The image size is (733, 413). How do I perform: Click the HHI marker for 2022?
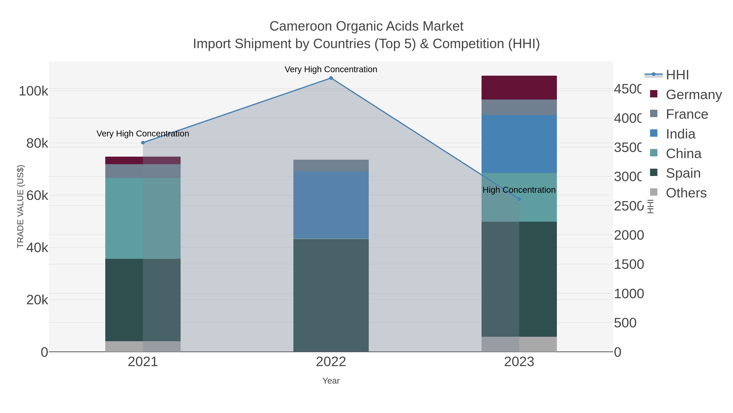pyautogui.click(x=331, y=78)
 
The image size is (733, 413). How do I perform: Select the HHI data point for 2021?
pyautogui.click(x=143, y=143)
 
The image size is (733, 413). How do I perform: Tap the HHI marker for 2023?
pyautogui.click(x=519, y=199)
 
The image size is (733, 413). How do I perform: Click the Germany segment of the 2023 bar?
pyautogui.click(x=519, y=87)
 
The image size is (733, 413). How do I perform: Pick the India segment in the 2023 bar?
pyautogui.click(x=519, y=144)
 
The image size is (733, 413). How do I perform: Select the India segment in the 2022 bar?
pyautogui.click(x=331, y=205)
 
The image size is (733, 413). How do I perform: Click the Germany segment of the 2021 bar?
pyautogui.click(x=143, y=161)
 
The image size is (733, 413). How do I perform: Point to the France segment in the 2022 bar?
pyautogui.click(x=331, y=165)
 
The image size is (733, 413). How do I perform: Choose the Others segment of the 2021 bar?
pyautogui.click(x=143, y=346)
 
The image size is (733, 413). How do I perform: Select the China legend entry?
pyautogui.click(x=684, y=154)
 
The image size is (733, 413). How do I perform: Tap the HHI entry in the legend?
pyautogui.click(x=677, y=75)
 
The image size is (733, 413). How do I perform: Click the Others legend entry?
pyautogui.click(x=686, y=193)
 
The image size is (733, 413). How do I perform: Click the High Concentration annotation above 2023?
pyautogui.click(x=519, y=190)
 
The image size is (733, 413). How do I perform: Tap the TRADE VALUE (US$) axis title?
pyautogui.click(x=21, y=206)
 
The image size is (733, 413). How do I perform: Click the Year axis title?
pyautogui.click(x=331, y=381)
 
